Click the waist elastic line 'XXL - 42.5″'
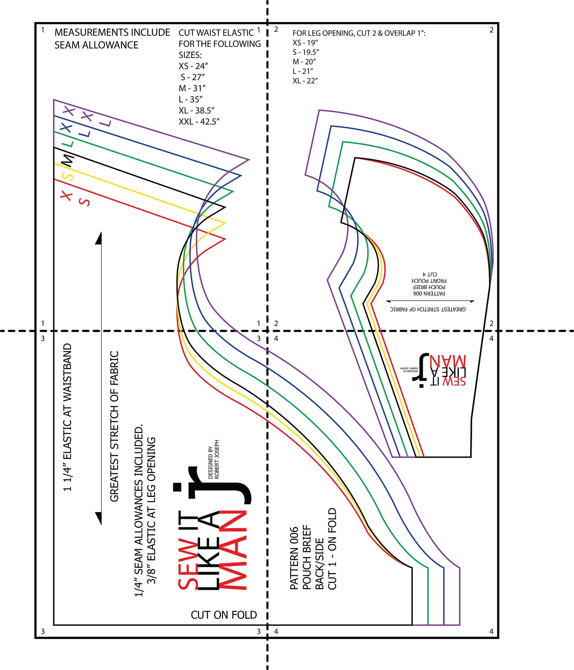tap(199, 122)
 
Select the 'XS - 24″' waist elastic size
tap(193, 66)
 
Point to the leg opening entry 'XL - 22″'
tap(305, 80)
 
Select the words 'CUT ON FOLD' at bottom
tap(224, 615)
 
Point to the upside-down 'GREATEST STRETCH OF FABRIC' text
tap(428, 309)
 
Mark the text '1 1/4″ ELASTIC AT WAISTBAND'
tap(67, 417)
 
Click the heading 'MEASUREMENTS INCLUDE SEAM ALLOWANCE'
tap(112, 39)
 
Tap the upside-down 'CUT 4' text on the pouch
tap(429, 274)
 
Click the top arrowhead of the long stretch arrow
tap(99, 238)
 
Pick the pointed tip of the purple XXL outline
tap(249, 160)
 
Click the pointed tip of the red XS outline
tap(225, 239)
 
